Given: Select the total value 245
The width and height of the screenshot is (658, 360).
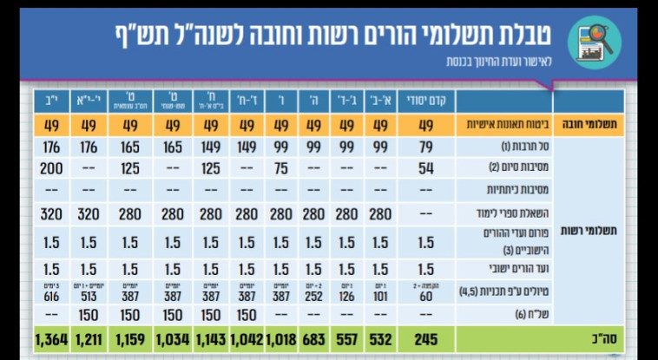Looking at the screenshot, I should click(425, 338).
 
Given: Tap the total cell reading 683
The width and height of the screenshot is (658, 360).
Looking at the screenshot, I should click(313, 338).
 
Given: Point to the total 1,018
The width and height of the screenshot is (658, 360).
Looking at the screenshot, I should click(278, 338).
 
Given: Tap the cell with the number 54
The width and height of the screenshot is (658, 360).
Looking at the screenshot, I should click(425, 167).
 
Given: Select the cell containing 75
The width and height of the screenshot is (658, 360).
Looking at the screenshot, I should click(278, 167).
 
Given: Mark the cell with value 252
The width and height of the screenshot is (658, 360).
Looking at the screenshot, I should click(313, 296).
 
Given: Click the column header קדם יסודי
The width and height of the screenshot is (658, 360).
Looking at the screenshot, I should click(425, 101).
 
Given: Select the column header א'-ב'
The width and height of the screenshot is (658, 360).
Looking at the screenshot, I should click(380, 101).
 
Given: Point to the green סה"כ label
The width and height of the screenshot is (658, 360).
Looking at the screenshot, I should click(594, 338).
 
